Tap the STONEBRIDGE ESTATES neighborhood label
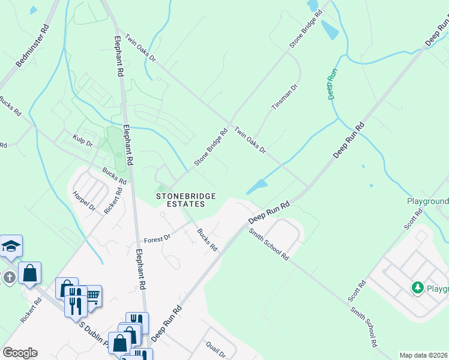180,200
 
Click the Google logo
20,353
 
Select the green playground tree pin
418,288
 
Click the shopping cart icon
92,295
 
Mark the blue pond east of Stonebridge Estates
257,187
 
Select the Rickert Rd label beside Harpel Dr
113,200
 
